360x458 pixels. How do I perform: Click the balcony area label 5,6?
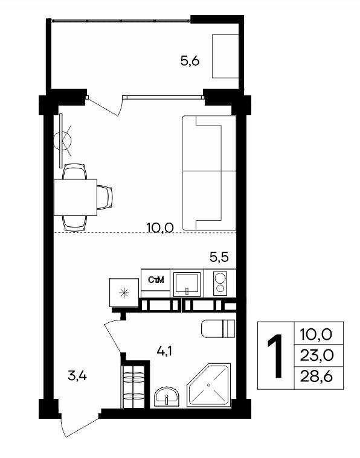tap(190, 62)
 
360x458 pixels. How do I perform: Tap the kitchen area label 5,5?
tap(219, 257)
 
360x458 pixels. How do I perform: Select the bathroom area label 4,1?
tap(164, 351)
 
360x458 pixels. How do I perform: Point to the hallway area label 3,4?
tap(77, 376)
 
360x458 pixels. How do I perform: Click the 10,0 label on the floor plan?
tap(160, 227)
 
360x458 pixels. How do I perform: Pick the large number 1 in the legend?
tap(275, 356)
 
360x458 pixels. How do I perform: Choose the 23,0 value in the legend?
tap(317, 355)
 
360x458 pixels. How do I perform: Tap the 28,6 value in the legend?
tap(317, 377)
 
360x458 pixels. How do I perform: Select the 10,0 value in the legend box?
tap(317, 334)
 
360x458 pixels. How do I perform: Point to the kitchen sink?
tap(187, 283)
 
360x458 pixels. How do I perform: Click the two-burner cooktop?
tap(220, 284)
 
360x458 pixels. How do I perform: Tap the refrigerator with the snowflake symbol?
tap(124, 293)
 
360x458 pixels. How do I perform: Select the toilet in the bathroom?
tap(218, 329)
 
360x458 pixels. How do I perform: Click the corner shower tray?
tap(209, 385)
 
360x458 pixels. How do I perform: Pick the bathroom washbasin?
tap(167, 396)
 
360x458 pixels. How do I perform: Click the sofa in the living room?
tap(209, 173)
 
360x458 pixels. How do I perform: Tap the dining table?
tap(76, 197)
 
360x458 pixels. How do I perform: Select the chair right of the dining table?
tap(104, 197)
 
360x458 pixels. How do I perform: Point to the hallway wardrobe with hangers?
tap(133, 386)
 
